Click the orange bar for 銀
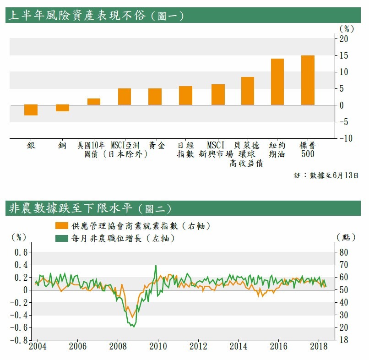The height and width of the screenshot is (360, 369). (x=31, y=110)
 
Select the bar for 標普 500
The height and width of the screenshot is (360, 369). (x=308, y=80)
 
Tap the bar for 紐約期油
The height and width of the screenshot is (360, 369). (x=277, y=82)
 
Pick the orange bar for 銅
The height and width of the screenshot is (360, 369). (x=62, y=108)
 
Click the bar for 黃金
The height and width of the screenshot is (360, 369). (x=155, y=97)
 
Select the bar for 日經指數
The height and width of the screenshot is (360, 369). (x=185, y=95)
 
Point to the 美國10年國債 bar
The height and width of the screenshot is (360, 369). (x=94, y=102)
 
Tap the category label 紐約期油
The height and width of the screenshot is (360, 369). (x=277, y=150)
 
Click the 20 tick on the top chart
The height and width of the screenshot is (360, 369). (x=343, y=39)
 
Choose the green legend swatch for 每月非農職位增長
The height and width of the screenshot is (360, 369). (x=60, y=238)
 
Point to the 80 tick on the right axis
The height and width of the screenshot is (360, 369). (x=343, y=252)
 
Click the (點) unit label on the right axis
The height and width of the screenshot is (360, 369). (x=346, y=237)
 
